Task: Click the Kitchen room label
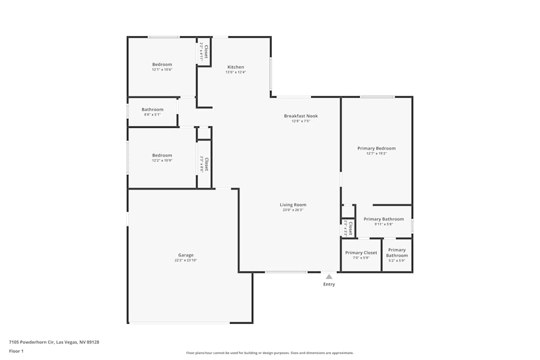[x=235, y=67]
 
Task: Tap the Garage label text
[x=186, y=255]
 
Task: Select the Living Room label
[x=293, y=205]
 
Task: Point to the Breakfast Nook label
[x=301, y=116]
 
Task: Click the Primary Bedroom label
[x=376, y=148]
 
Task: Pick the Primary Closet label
[x=361, y=253]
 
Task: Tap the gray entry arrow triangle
[x=329, y=276]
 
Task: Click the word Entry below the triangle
[x=329, y=284]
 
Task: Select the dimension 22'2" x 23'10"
[x=186, y=261]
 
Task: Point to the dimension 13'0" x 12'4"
[x=235, y=72]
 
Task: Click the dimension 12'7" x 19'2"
[x=376, y=154]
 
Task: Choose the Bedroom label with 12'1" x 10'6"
[x=162, y=64]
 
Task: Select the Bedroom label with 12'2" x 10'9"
[x=162, y=155]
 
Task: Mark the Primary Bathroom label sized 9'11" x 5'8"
[x=383, y=219]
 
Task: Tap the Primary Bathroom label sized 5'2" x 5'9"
[x=397, y=253]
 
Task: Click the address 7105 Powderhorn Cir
[x=54, y=342]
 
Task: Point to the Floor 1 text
[x=16, y=351]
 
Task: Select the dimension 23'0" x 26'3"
[x=293, y=210]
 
